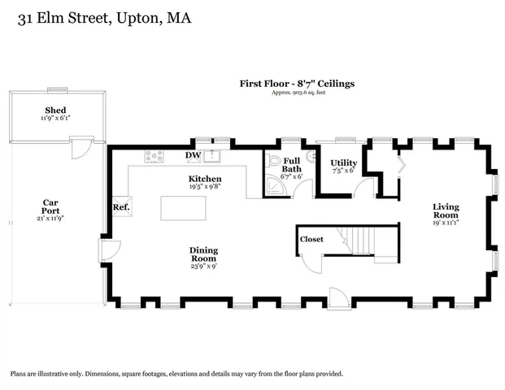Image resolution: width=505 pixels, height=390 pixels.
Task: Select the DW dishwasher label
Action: point(193,155)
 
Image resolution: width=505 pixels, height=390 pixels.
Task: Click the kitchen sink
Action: point(215,155)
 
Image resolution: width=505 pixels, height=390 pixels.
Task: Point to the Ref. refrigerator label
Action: point(121,207)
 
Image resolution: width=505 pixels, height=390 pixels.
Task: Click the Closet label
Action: point(311,240)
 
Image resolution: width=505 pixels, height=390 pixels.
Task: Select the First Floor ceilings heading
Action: point(296,83)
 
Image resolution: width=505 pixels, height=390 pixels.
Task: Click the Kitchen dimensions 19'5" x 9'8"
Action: point(205,186)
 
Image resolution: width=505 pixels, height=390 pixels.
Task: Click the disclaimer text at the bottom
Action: point(176,374)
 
